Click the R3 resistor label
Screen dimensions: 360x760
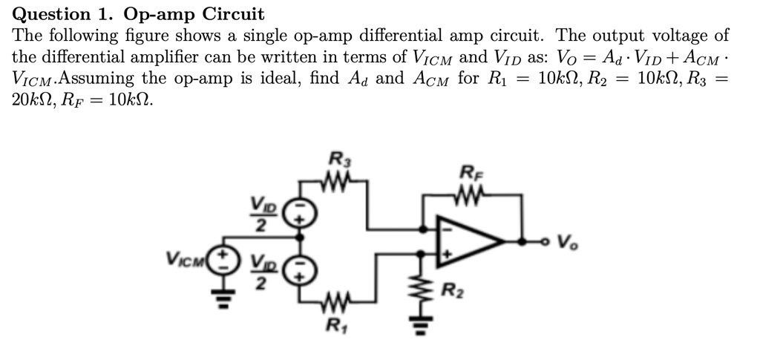point(336,159)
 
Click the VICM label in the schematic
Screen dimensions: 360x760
point(186,261)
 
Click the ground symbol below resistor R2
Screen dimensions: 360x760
point(424,326)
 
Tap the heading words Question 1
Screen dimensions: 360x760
point(64,13)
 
